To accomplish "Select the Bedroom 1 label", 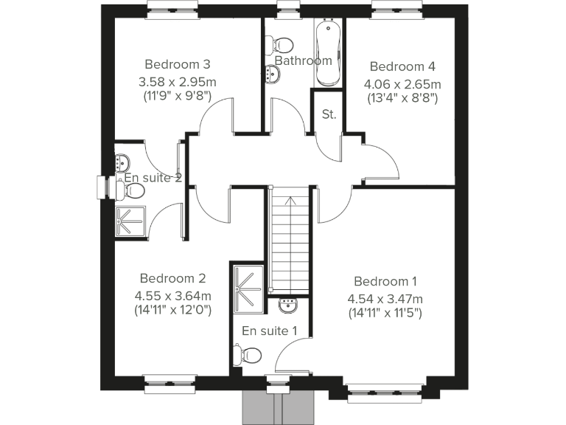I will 385,281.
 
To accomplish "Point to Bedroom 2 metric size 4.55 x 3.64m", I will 172,296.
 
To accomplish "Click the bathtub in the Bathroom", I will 327,45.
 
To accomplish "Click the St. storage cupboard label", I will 329,114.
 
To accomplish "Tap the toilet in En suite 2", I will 132,191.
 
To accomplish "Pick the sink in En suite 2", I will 123,164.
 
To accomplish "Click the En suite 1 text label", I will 270,331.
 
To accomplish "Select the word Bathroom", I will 303,61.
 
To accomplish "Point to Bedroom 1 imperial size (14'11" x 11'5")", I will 385,312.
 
